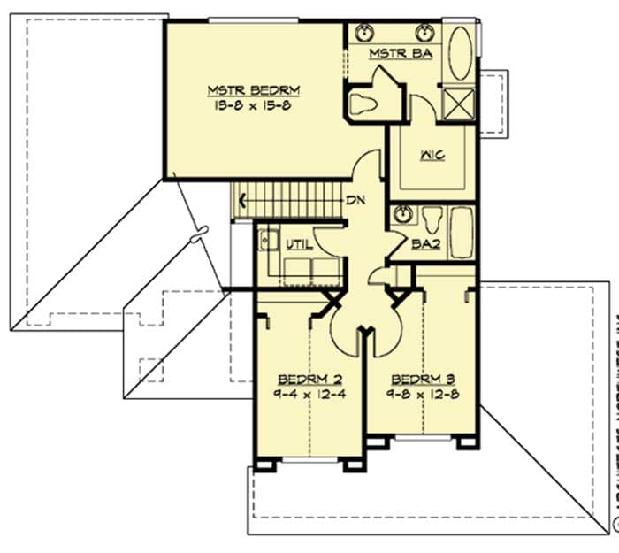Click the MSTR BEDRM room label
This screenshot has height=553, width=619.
point(253,89)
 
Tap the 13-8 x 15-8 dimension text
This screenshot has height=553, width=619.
point(253,104)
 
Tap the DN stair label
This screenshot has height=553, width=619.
point(355,200)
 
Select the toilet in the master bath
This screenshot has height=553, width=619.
point(363,104)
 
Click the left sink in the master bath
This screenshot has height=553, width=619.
point(364,34)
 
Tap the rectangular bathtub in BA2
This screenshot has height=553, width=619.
point(462,232)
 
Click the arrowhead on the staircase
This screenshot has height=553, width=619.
point(240,200)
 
